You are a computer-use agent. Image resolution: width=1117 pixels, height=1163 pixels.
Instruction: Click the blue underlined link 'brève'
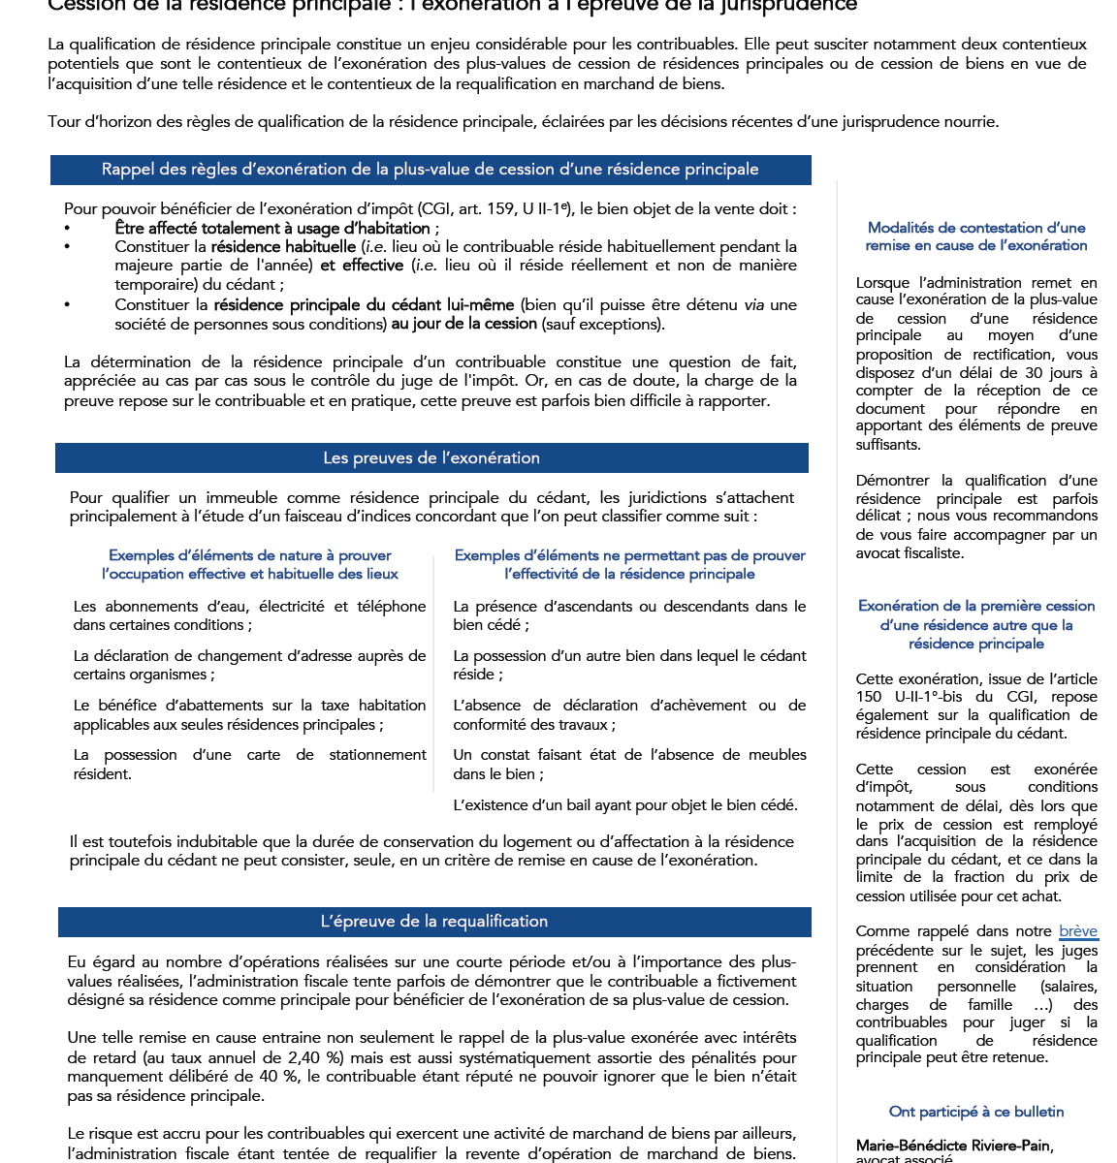[x=1077, y=931]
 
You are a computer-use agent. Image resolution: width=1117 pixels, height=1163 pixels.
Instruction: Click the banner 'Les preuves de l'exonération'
[x=431, y=458]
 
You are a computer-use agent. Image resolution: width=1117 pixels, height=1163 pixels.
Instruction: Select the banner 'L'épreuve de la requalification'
[x=434, y=922]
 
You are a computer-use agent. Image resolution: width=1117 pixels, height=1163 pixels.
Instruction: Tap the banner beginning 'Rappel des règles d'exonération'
[x=431, y=170]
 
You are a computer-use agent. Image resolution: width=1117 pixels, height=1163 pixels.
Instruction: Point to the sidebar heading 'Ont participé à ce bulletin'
[x=976, y=1112]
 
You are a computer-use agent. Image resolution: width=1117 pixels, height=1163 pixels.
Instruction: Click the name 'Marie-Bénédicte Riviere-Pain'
[x=954, y=1146]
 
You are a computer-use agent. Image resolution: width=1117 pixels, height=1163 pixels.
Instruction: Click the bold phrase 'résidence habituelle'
[x=284, y=247]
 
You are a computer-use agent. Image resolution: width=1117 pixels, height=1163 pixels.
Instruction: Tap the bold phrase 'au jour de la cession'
[x=463, y=324]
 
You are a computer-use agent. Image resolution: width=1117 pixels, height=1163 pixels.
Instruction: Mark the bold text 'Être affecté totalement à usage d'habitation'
[x=272, y=229]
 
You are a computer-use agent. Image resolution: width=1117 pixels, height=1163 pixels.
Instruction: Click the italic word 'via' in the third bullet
[x=753, y=305]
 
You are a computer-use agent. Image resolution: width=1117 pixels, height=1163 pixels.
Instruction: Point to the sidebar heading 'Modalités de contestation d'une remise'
[x=976, y=236]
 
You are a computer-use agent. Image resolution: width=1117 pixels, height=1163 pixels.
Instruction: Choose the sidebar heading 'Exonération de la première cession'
[x=976, y=624]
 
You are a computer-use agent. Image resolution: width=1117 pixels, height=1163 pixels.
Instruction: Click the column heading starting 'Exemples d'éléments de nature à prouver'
[x=250, y=564]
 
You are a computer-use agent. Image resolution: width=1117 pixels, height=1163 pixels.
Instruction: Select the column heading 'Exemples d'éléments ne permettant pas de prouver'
[x=629, y=564]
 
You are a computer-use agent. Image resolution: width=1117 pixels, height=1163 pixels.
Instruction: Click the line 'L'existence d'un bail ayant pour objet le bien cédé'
[x=625, y=804]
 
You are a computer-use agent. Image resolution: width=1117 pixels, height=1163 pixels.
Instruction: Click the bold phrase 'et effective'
[x=362, y=266]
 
